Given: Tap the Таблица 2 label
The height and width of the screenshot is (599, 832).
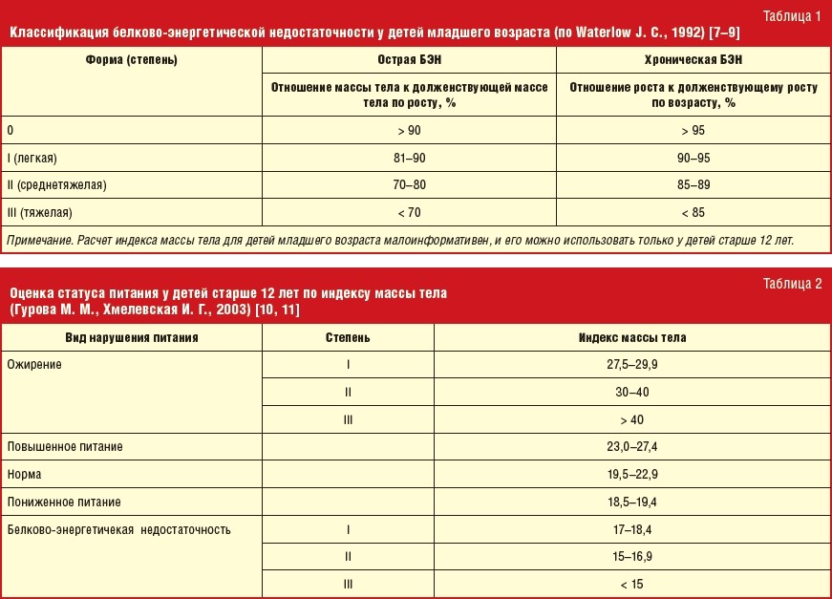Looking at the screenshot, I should [x=793, y=283].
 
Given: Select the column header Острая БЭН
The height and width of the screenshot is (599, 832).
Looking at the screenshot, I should [x=410, y=59].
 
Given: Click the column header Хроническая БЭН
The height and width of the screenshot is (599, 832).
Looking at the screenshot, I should [x=693, y=59].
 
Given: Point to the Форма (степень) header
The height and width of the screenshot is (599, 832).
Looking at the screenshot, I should [x=133, y=59].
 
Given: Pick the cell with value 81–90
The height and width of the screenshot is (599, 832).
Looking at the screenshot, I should [x=410, y=158].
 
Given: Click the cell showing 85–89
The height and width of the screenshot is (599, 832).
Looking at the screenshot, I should [x=693, y=185].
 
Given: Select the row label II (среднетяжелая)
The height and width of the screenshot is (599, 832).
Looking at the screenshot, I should [x=56, y=185].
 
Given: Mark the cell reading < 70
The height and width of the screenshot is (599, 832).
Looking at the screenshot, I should [x=410, y=212].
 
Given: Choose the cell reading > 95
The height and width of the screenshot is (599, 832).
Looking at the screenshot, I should [x=693, y=130].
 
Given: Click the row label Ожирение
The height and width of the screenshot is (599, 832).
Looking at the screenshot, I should [x=34, y=365].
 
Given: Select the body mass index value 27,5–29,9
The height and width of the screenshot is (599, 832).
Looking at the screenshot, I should [x=631, y=365].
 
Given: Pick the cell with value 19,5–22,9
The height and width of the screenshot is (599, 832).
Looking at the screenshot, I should [x=631, y=474].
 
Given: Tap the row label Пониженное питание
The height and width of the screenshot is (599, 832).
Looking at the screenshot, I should [x=64, y=502].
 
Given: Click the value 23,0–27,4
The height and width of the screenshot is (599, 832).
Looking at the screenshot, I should [x=631, y=446].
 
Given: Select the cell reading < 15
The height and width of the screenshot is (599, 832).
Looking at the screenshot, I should [x=631, y=584].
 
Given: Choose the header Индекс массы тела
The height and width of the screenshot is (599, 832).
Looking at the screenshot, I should [x=631, y=337].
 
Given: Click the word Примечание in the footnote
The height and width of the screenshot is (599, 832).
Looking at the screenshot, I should [x=41, y=239].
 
